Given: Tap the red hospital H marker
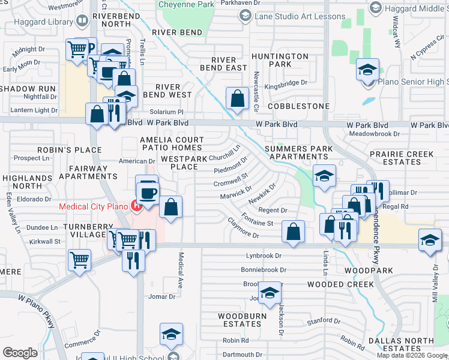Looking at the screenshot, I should [137, 208].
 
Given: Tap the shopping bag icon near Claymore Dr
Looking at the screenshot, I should [293, 232].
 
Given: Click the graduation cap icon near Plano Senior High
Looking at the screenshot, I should [367, 70].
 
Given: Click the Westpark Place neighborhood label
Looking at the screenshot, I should [183, 163].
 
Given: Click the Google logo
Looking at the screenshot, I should [20, 352].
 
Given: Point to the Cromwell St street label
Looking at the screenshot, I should [231, 180].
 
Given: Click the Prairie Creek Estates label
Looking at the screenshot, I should [402, 158].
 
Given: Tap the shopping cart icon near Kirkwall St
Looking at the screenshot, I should [79, 259].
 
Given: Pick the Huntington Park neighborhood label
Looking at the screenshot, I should [271, 60].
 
